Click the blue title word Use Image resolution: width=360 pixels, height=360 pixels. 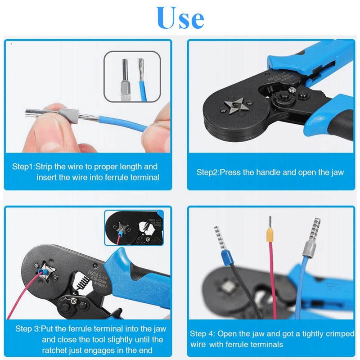click(x=180, y=18)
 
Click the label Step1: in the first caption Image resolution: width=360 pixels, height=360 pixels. click(x=23, y=167)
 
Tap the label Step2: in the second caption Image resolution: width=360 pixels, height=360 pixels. click(x=207, y=172)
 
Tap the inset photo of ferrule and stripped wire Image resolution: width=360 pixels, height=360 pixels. click(x=132, y=76)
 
